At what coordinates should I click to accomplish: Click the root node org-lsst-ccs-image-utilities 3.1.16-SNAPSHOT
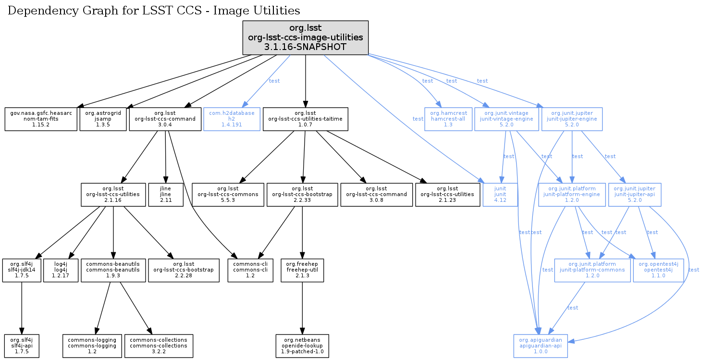click(x=305, y=37)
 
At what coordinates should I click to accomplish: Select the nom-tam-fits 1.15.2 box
click(x=41, y=119)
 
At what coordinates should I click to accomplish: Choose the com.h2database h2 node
click(x=232, y=119)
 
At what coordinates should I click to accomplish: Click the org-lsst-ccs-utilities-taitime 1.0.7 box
click(x=305, y=119)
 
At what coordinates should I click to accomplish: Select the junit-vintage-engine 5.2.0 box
click(x=506, y=119)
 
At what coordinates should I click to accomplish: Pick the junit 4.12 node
click(x=500, y=194)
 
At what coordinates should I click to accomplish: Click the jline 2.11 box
click(x=166, y=194)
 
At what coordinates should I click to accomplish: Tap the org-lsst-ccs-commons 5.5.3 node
click(x=228, y=194)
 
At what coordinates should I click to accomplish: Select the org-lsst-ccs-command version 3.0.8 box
click(x=376, y=194)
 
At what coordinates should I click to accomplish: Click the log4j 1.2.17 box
click(x=61, y=270)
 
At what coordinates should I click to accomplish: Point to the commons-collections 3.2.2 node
click(x=159, y=345)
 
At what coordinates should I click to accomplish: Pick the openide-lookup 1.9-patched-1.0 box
click(x=302, y=345)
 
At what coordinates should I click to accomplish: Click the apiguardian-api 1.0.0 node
click(x=541, y=345)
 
